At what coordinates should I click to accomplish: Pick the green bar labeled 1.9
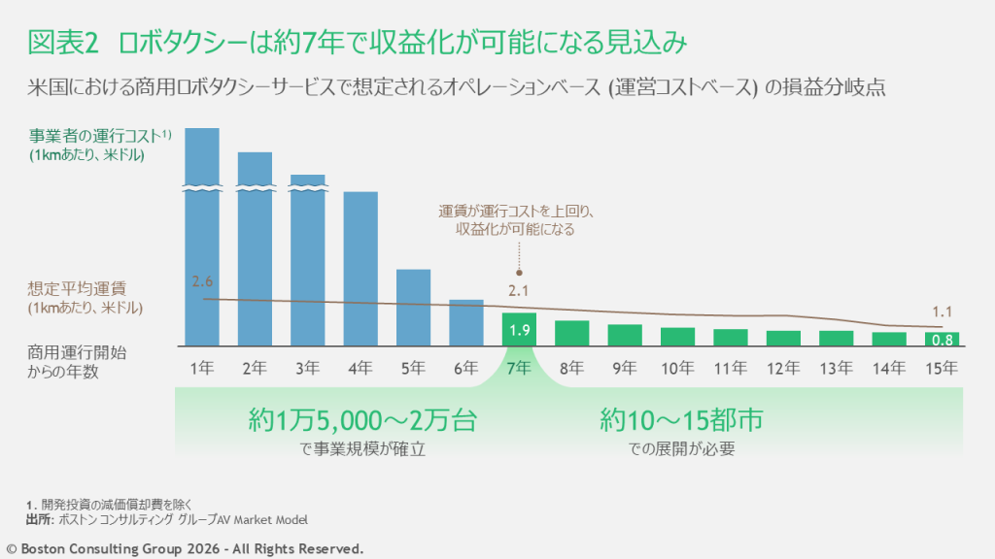coord(519,330)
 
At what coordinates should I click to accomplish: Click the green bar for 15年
coord(941,340)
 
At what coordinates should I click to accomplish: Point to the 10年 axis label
coord(677,368)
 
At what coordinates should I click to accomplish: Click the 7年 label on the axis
coord(519,368)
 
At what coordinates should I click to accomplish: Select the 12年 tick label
coord(782,368)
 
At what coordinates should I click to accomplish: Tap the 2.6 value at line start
coord(202,282)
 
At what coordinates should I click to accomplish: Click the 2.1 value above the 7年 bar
coord(519,289)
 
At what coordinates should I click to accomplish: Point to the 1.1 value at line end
coord(941,312)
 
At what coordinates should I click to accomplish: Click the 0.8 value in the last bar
coord(941,341)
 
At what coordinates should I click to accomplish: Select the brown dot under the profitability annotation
coord(519,273)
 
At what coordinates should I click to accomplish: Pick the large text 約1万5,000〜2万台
coord(362,420)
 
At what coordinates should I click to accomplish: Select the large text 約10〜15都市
coord(681,420)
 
